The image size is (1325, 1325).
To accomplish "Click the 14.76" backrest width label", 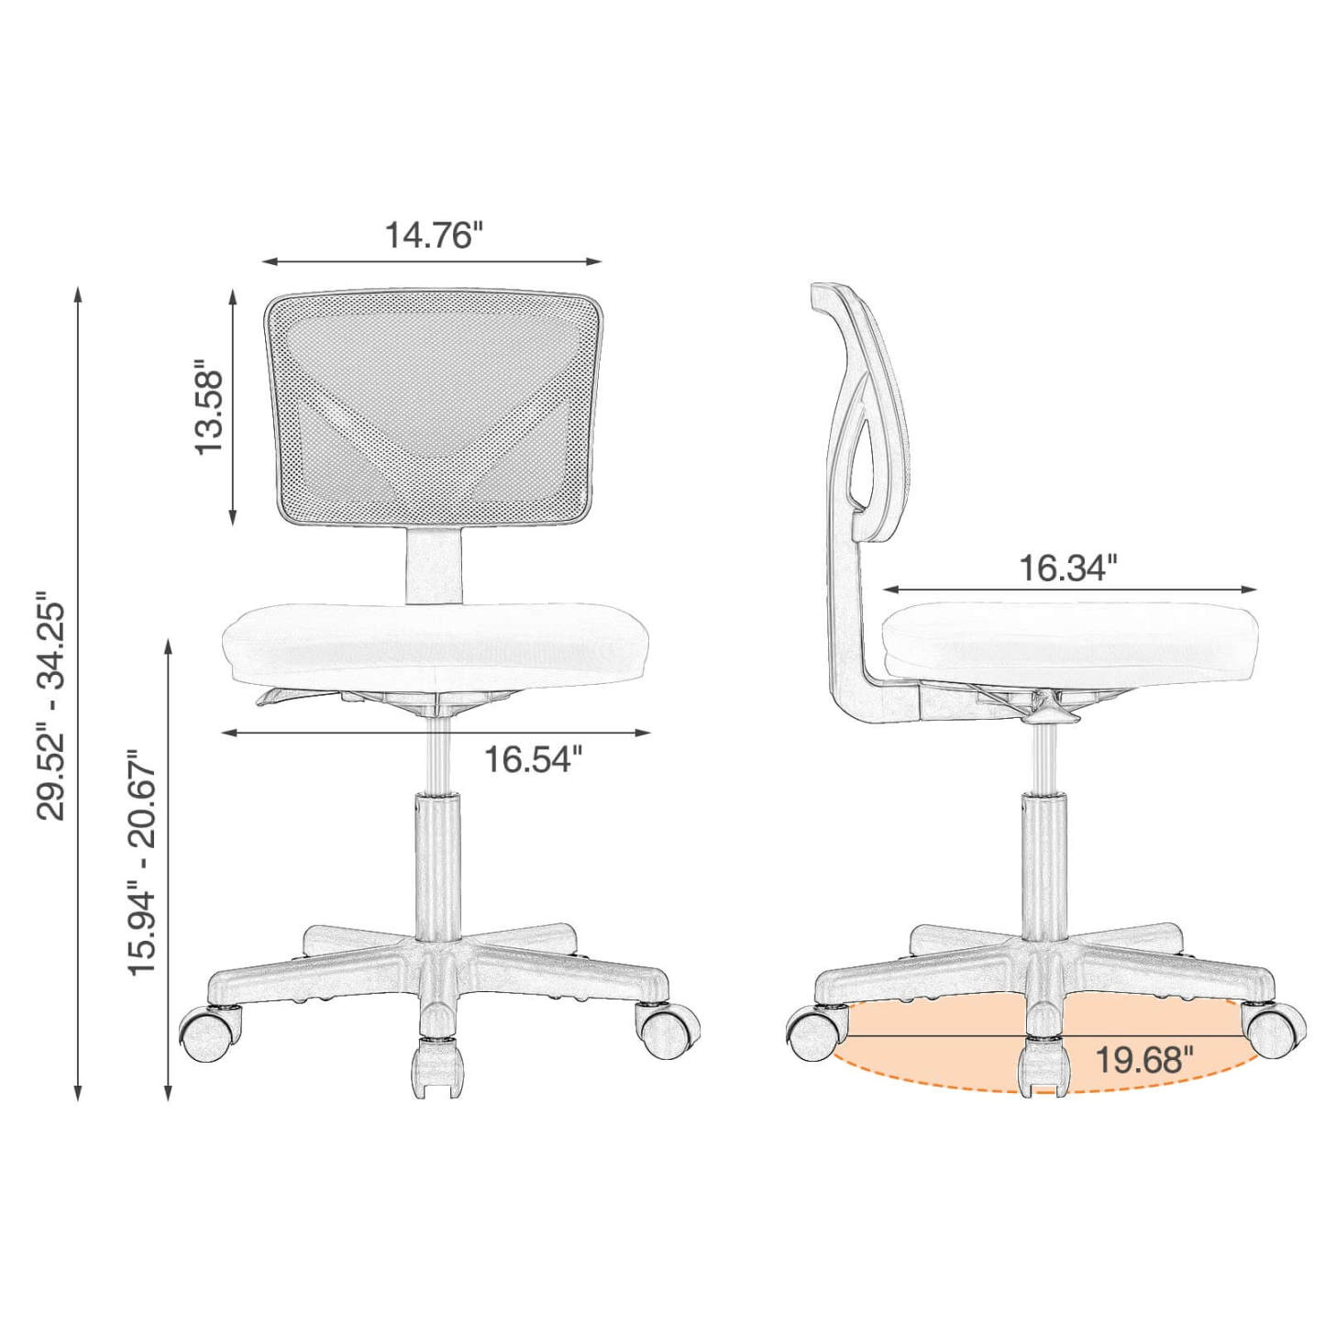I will point(432,235).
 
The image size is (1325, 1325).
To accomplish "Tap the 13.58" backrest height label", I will point(210,411).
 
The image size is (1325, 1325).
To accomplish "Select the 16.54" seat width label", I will point(533,759).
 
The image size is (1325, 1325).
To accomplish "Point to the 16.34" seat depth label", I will point(1068,569).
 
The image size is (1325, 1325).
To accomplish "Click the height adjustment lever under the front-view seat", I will point(284,699).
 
